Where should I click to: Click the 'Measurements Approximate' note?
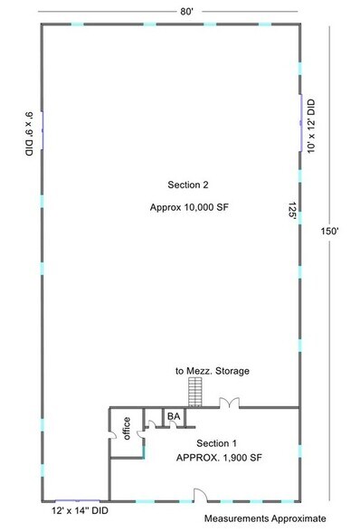point(264,519)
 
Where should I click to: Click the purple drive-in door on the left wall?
point(41,133)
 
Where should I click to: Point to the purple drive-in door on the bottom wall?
point(78,500)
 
